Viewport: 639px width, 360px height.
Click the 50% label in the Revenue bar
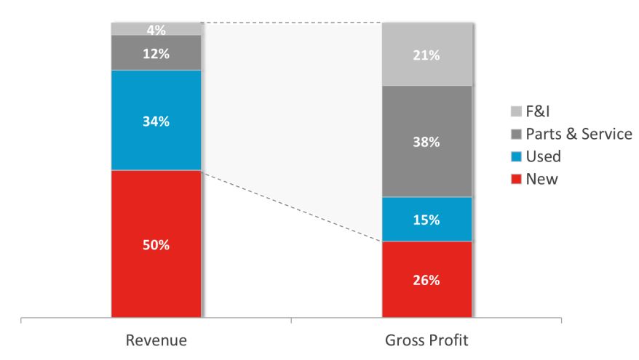click(x=155, y=245)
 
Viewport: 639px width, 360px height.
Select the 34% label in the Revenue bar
click(x=155, y=121)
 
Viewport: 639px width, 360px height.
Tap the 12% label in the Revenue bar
click(x=155, y=53)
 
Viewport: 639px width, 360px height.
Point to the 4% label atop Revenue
click(x=155, y=31)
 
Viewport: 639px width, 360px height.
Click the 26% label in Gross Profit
click(x=427, y=280)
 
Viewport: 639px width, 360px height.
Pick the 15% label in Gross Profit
click(x=427, y=220)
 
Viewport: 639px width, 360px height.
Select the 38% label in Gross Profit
click(x=427, y=143)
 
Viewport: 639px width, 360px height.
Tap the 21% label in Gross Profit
click(x=427, y=55)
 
